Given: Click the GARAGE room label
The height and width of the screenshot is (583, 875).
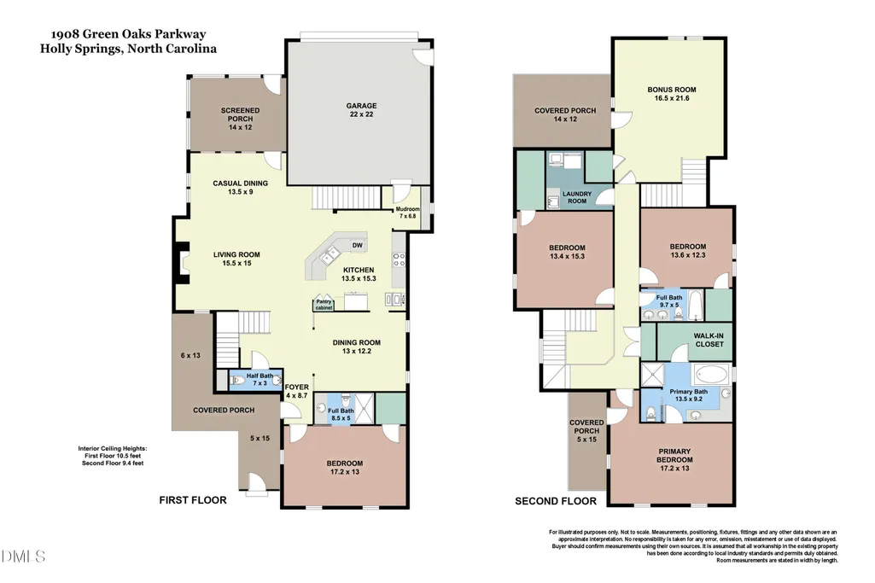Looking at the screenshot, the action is click(361, 106).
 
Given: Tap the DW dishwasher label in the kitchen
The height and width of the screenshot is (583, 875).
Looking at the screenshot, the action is click(357, 245).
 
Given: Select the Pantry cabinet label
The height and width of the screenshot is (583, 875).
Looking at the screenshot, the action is click(324, 305).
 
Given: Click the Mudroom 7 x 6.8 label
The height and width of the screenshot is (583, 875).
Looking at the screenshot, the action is click(407, 213).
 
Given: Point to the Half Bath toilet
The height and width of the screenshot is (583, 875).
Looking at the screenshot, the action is click(237, 381).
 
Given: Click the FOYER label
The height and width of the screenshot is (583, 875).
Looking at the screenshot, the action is click(297, 387).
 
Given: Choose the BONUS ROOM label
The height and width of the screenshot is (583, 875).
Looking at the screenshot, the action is click(671, 90).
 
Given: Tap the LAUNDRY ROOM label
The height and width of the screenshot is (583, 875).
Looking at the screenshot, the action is click(577, 197).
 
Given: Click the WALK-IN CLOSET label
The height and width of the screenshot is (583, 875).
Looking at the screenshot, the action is click(709, 341).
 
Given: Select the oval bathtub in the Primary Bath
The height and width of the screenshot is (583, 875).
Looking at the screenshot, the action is click(711, 374).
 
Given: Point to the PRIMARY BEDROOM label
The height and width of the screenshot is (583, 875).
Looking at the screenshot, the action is click(674, 455).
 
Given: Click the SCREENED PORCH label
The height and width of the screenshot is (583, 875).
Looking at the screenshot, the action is click(240, 114).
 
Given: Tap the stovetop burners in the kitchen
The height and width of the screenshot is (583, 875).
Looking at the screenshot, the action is click(399, 260).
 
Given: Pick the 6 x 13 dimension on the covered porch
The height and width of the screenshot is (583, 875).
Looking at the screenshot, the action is click(190, 355).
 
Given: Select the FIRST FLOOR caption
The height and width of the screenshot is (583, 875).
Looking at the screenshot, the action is click(193, 500).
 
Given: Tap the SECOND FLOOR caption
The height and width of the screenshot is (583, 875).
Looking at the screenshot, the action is click(556, 501).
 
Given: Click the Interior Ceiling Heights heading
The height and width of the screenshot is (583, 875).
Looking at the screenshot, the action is click(113, 448).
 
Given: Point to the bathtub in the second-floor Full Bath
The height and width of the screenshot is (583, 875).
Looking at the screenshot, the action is click(695, 305).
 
